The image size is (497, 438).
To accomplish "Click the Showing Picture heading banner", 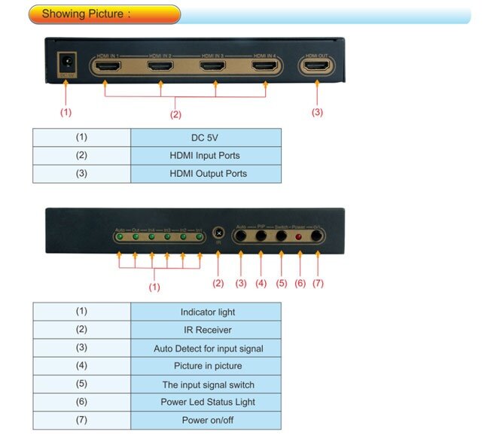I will [x=103, y=14].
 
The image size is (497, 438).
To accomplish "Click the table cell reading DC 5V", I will [x=206, y=138].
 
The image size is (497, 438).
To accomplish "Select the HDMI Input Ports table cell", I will [x=206, y=156].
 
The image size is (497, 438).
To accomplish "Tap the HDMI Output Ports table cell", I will [x=206, y=174].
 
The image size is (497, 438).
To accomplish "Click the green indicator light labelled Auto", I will [x=120, y=237].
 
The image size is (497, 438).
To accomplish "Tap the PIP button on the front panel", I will [x=261, y=236].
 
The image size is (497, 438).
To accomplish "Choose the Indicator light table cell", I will [x=206, y=312].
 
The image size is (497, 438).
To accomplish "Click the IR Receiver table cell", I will [x=206, y=330].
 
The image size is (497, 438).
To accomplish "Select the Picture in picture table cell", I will [x=206, y=366].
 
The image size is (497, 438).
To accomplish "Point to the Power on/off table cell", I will [x=206, y=420].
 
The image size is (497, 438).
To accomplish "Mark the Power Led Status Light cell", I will [x=206, y=402].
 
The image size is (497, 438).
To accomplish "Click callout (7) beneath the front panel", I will [x=318, y=284].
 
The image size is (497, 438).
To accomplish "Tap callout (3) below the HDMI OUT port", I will [x=317, y=112].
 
